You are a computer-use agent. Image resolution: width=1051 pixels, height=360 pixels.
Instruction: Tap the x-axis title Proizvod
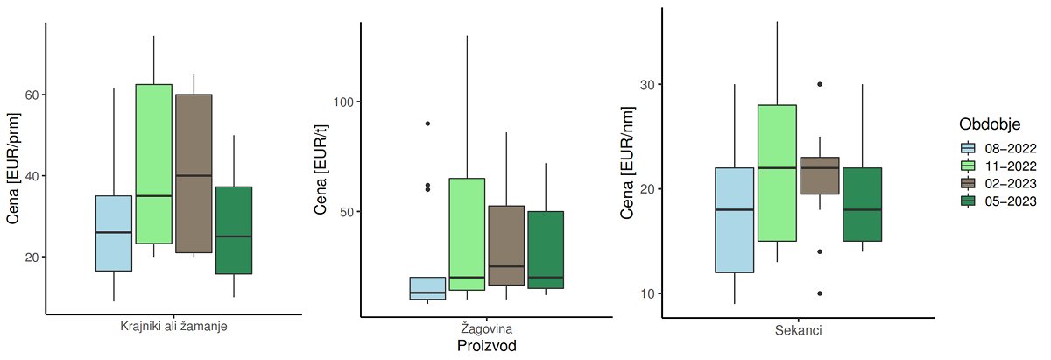tap(488, 346)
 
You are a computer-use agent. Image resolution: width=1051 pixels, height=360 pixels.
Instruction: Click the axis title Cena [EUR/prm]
tap(13, 168)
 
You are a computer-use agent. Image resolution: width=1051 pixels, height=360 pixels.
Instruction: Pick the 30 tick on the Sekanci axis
tap(646, 84)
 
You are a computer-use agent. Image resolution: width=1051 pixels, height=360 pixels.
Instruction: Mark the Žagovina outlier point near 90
tap(427, 124)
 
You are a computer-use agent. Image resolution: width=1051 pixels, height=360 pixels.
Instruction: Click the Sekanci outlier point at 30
tap(820, 84)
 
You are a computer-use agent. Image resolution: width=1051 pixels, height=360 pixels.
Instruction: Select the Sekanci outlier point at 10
tap(820, 293)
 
